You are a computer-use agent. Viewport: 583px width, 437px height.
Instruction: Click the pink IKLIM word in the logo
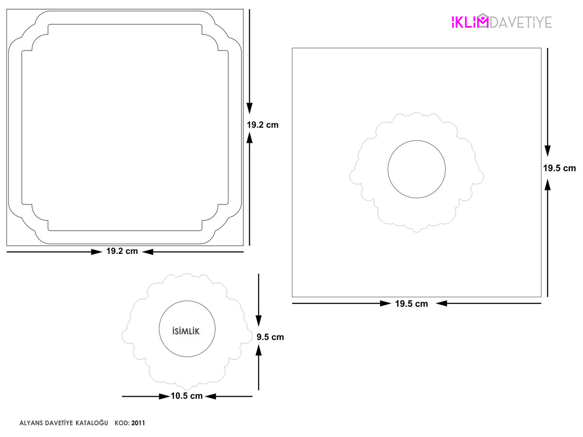point(470,21)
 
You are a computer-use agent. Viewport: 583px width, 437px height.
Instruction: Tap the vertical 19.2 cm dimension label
point(262,125)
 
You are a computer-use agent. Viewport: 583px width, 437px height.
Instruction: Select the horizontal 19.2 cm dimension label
point(122,251)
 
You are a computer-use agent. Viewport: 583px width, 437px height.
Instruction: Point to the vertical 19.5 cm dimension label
point(559,168)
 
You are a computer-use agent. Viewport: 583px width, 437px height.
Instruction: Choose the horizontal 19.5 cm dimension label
point(412,304)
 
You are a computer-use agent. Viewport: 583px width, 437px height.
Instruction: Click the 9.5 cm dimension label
point(270,337)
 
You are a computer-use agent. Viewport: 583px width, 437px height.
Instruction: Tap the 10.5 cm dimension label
point(187,396)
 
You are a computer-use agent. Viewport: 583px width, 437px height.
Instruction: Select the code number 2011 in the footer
point(138,423)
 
